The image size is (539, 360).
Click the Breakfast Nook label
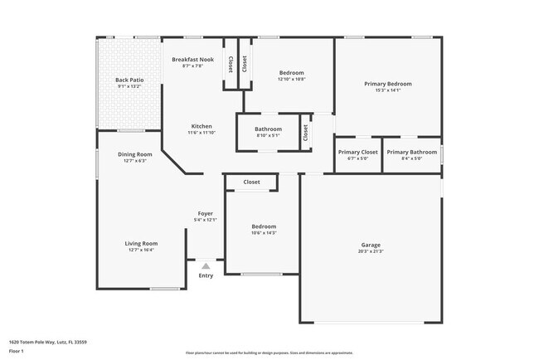pyautogui.click(x=192, y=60)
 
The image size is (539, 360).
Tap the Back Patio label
pyautogui.click(x=129, y=80)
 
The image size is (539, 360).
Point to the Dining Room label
pyautogui.click(x=134, y=154)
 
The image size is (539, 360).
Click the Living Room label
pyautogui.click(x=141, y=243)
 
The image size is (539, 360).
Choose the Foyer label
pyautogui.click(x=205, y=214)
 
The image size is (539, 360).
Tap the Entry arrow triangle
pyautogui.click(x=206, y=265)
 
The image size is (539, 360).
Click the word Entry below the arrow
pyautogui.click(x=206, y=276)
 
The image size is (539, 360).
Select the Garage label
pyautogui.click(x=371, y=245)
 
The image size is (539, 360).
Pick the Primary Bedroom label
pyautogui.click(x=388, y=84)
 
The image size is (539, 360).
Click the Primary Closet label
pyautogui.click(x=358, y=152)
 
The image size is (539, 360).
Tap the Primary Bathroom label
pyautogui.click(x=411, y=152)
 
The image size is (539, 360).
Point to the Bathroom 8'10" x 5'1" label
pyautogui.click(x=268, y=129)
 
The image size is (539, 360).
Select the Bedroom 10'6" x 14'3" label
pyautogui.click(x=264, y=226)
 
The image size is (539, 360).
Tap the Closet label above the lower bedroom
pyautogui.click(x=251, y=182)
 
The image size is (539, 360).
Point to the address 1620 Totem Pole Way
pyautogui.click(x=48, y=341)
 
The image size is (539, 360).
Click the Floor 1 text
pyautogui.click(x=17, y=351)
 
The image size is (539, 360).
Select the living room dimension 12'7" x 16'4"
pyautogui.click(x=141, y=249)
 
